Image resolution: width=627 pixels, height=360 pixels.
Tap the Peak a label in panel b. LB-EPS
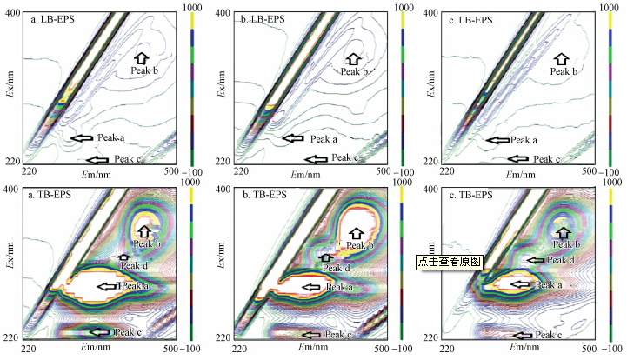coord(324,138)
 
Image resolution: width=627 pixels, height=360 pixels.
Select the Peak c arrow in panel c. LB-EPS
coord(518,158)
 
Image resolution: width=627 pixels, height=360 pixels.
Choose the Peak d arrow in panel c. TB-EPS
coord(536,259)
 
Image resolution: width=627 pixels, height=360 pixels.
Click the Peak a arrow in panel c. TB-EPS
coord(520,283)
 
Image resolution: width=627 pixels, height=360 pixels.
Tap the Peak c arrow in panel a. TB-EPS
coord(98,332)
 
